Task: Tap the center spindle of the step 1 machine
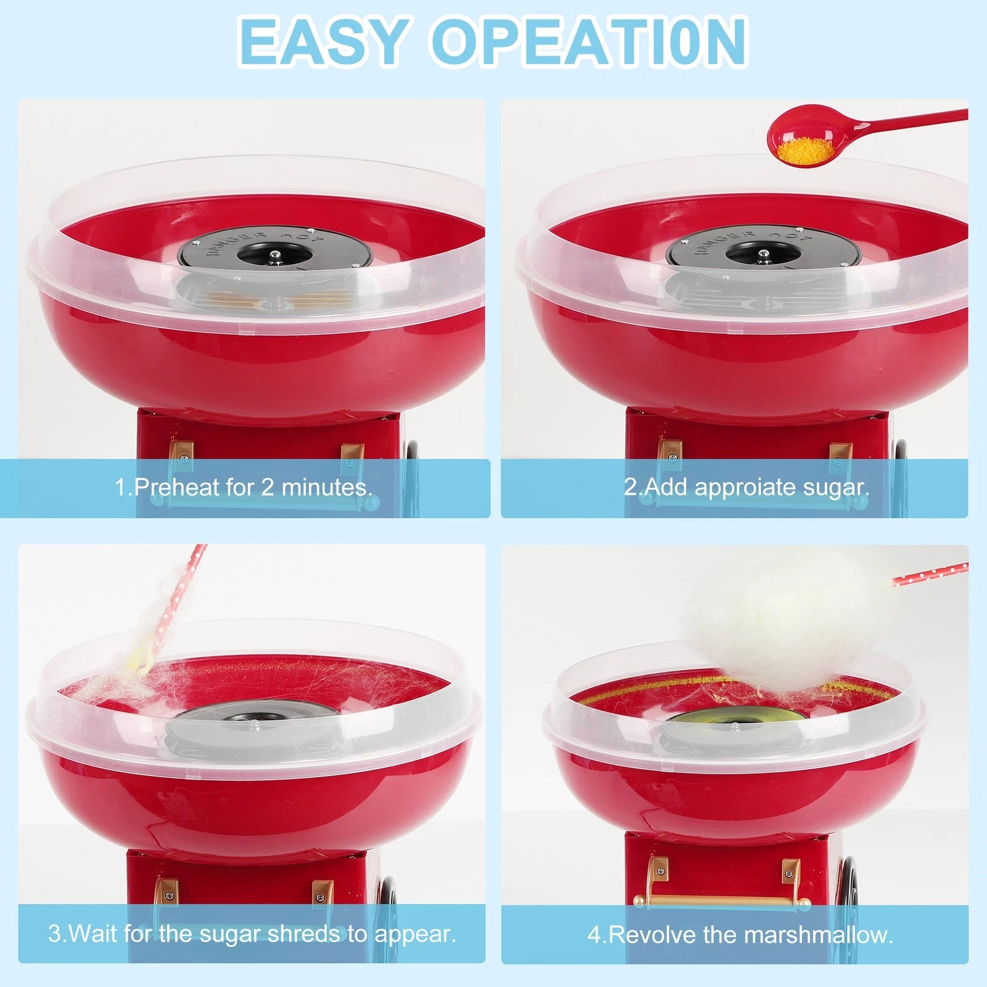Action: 275,252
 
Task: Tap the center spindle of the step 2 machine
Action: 763,252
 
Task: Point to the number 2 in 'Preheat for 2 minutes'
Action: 267,487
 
